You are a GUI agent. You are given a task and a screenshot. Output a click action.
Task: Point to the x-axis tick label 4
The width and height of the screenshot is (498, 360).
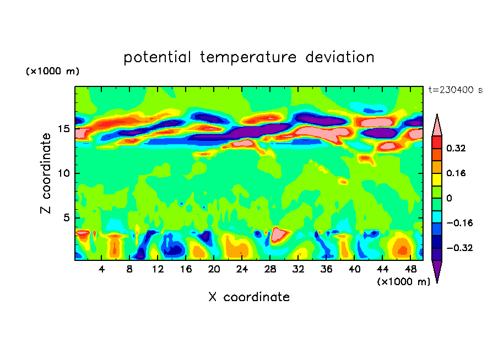(x=101, y=269)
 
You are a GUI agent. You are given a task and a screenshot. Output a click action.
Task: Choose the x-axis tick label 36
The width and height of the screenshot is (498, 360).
(x=326, y=269)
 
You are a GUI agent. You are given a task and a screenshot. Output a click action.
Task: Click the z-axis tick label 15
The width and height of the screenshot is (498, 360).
(x=62, y=129)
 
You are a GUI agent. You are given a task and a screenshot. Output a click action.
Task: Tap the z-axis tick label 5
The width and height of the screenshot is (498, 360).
(x=66, y=218)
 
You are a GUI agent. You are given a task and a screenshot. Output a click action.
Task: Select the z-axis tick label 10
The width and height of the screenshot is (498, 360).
(x=62, y=173)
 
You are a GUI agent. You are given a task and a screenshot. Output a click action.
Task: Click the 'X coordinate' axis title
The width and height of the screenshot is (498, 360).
(x=249, y=297)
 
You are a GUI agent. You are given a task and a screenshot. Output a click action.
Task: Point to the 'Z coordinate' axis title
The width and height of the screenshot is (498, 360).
(x=46, y=173)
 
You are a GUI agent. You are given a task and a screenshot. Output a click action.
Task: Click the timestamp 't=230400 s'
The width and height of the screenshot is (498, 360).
(x=455, y=90)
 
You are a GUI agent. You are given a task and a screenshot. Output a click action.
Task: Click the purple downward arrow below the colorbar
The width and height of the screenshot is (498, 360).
(x=437, y=271)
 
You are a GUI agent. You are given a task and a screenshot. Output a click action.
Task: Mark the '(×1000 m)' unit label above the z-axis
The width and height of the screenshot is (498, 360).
(x=53, y=72)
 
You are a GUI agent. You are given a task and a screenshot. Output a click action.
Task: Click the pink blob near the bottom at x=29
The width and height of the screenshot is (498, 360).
(x=279, y=233)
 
